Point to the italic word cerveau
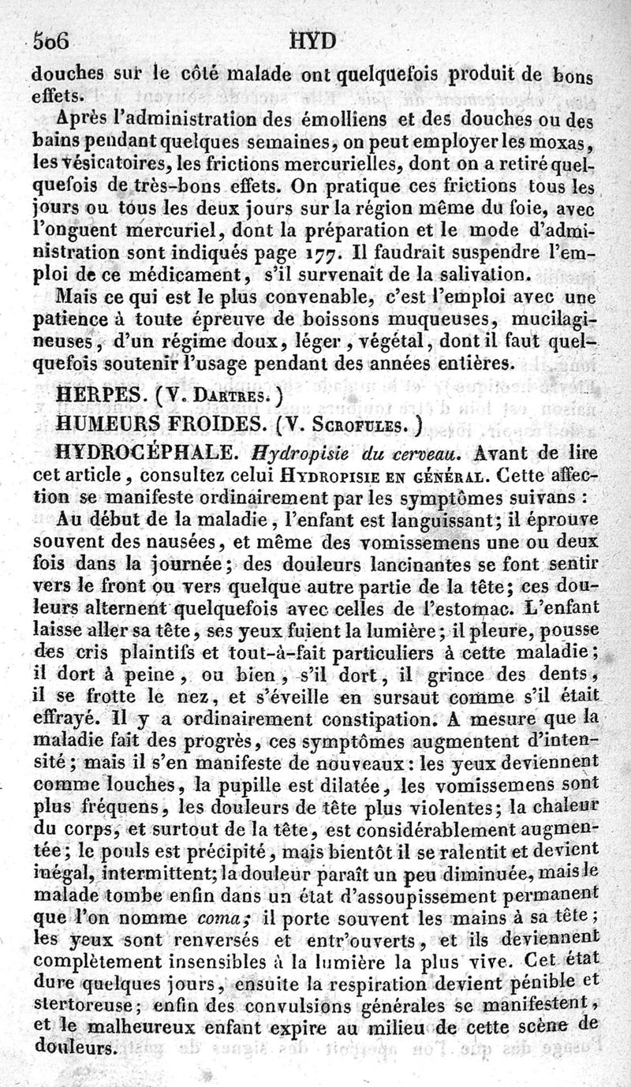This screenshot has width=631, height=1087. point(402,455)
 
